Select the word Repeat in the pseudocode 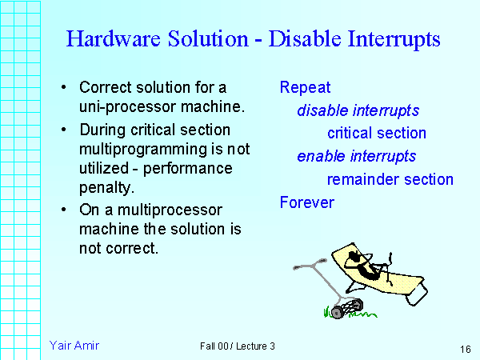click(305, 87)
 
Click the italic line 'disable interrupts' click(358, 110)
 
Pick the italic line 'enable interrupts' click(356, 156)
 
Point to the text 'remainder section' click(390, 179)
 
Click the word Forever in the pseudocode click(306, 202)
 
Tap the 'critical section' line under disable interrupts click(376, 134)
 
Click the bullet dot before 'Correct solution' click(63, 87)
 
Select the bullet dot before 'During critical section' click(63, 129)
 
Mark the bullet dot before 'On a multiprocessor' click(63, 210)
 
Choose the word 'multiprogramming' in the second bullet click(135, 149)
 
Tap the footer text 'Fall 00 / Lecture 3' click(238, 346)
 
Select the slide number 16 click(465, 350)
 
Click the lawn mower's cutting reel click(345, 307)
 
